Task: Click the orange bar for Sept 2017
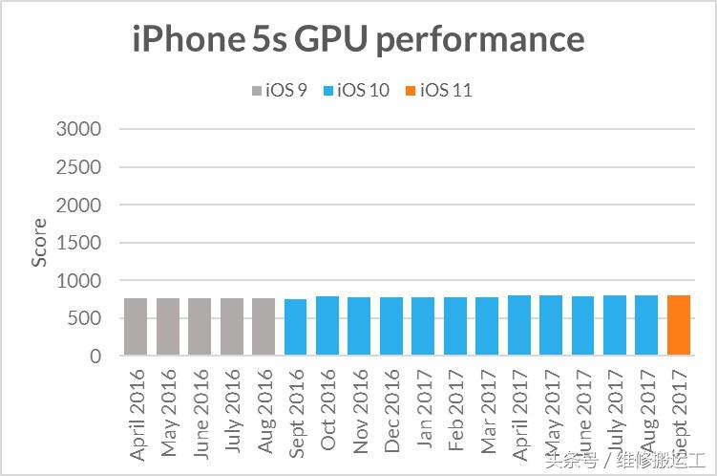coord(679,326)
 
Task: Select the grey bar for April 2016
coord(136,327)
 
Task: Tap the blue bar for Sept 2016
coord(296,328)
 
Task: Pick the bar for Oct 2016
coord(327,326)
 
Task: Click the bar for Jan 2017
coord(423,327)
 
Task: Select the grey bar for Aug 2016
coord(264,327)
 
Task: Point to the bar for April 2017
coord(519,326)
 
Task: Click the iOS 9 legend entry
coord(278,91)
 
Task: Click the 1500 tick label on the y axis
coord(83,243)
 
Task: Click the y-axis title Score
coord(39,243)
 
